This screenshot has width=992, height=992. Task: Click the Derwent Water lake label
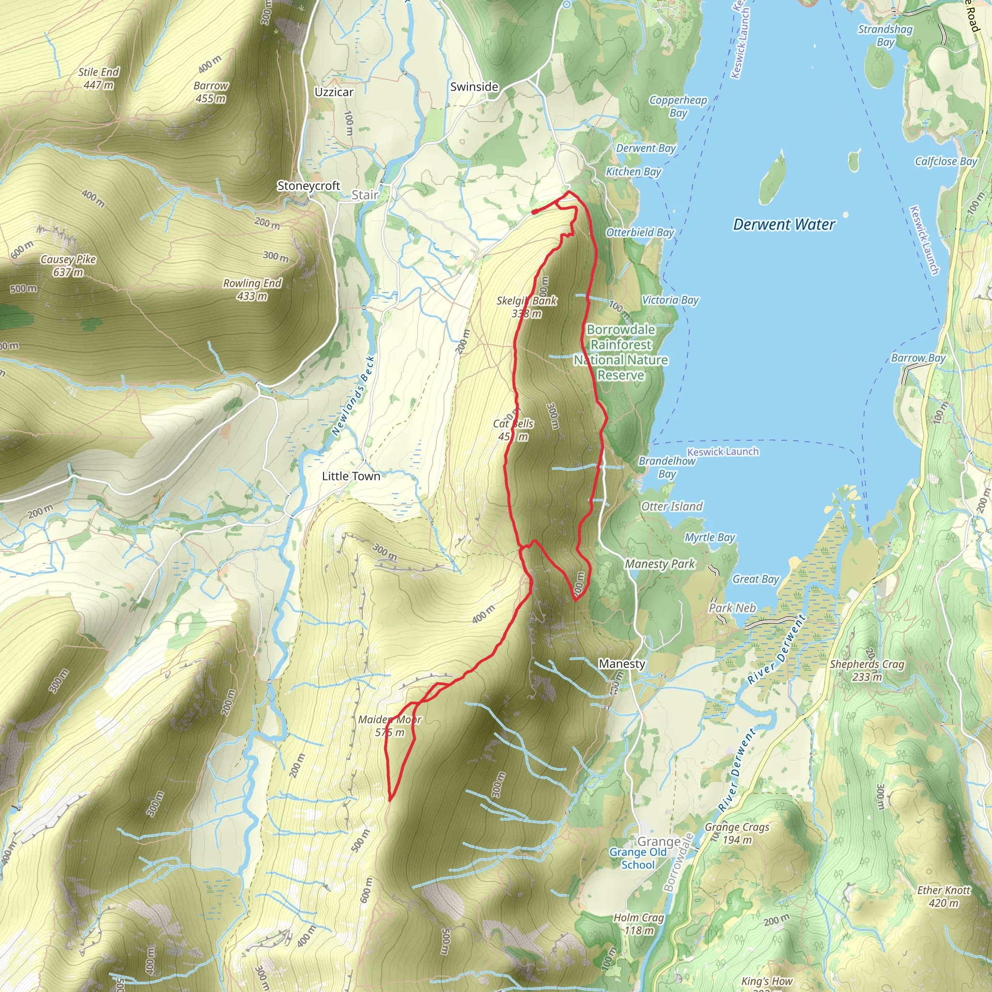click(x=784, y=224)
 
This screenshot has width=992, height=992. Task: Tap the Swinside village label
click(x=474, y=87)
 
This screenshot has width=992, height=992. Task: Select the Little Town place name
click(x=351, y=476)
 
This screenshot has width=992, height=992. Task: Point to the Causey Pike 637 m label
click(x=68, y=265)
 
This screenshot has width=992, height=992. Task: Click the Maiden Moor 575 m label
click(x=390, y=726)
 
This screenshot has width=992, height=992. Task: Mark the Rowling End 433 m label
click(x=252, y=290)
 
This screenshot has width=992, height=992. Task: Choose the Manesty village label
click(x=622, y=664)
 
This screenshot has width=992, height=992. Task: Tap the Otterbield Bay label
click(x=640, y=232)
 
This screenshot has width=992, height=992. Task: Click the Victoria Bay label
click(x=670, y=300)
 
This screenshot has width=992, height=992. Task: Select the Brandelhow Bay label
click(x=667, y=467)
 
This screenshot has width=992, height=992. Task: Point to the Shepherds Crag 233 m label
click(x=867, y=670)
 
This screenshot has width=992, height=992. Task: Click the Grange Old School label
click(x=638, y=858)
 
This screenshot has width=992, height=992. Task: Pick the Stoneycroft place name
click(x=309, y=186)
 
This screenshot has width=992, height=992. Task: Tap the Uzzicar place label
click(x=334, y=92)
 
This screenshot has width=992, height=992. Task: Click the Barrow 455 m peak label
click(x=211, y=92)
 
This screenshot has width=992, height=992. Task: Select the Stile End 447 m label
click(x=99, y=78)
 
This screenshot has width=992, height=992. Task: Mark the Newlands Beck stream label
click(x=353, y=395)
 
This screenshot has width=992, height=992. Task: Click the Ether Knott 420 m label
click(x=944, y=896)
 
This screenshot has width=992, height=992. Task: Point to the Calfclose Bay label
click(x=946, y=161)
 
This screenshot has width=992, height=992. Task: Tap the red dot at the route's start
click(x=535, y=212)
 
